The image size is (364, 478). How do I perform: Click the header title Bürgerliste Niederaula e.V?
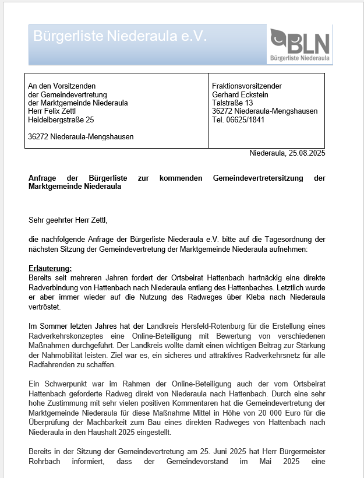120,36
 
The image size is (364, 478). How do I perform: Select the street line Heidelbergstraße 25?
61,119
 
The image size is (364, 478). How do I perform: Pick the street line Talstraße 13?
232,103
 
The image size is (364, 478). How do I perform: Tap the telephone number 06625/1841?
248,119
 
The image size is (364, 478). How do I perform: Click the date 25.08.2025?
306,153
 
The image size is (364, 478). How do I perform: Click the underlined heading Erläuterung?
50,268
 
